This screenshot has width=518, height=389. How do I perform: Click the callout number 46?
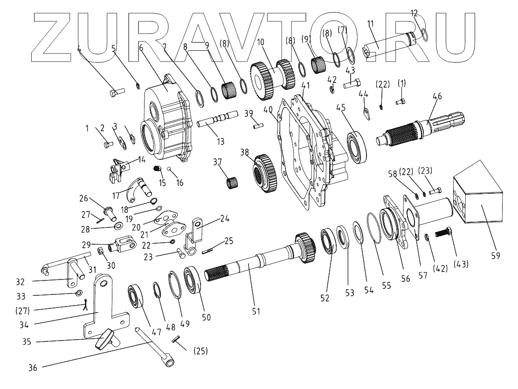click(x=437, y=96)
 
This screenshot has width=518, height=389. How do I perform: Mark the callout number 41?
click(x=306, y=86)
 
